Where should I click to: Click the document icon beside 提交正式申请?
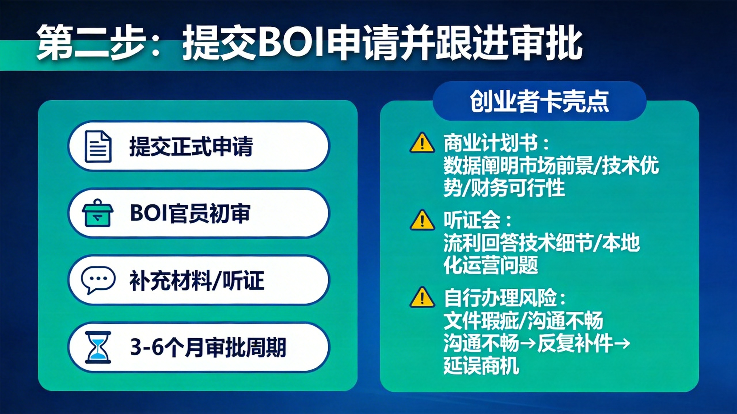point(98,146)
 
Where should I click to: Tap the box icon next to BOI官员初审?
point(98,213)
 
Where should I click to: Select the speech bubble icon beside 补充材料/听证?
point(98,280)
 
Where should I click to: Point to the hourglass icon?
point(98,347)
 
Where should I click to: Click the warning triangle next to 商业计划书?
point(422,143)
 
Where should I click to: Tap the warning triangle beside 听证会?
point(422,220)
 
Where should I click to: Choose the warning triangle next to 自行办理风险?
point(422,298)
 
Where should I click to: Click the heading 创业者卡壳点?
point(539,101)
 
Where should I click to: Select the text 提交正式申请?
point(191,146)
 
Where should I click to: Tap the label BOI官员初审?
point(190,213)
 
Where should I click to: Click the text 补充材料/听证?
point(197,280)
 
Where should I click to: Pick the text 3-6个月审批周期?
point(208,347)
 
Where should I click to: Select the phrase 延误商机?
point(481,366)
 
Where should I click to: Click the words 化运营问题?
point(491,265)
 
